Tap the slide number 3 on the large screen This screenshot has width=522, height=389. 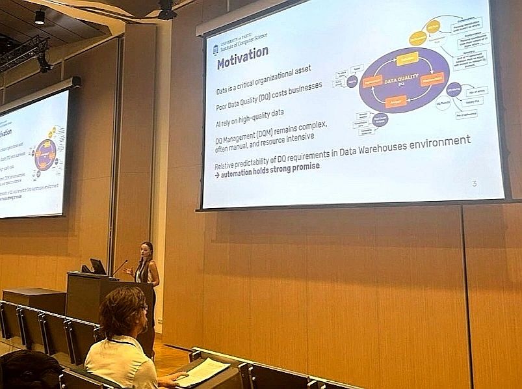coord(474,184)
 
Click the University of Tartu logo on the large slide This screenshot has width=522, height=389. coord(216,49)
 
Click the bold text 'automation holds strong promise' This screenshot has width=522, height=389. coord(271,167)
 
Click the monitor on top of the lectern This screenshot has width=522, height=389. coord(98,266)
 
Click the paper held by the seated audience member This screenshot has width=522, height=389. coord(202,371)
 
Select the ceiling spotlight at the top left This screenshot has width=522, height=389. coord(40,17)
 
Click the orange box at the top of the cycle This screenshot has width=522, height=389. coord(408,58)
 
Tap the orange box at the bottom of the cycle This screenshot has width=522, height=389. coord(396,101)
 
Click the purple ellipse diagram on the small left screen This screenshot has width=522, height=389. coord(46,155)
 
